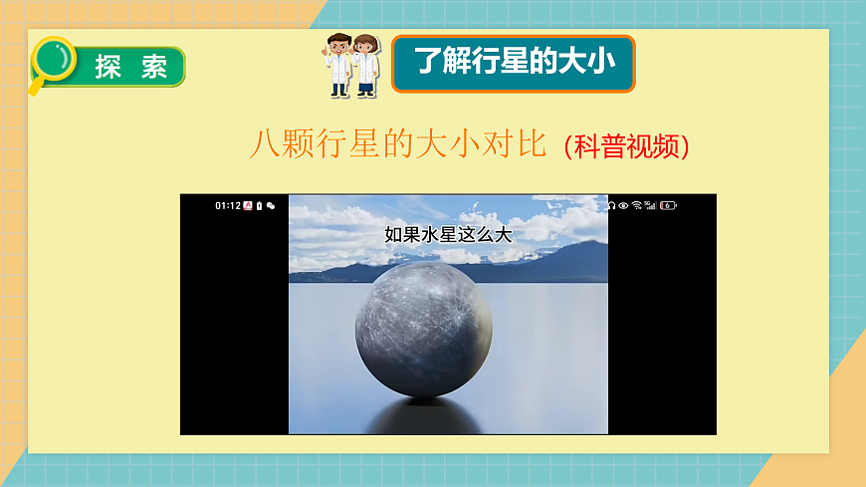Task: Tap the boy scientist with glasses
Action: point(339,65)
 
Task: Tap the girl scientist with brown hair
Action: point(366,65)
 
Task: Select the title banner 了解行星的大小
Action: point(513,63)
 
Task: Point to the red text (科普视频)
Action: point(626,147)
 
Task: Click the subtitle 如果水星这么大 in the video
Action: point(447,235)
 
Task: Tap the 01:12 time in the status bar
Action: point(228,206)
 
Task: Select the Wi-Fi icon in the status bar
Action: point(637,206)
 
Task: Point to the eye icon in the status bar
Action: point(624,206)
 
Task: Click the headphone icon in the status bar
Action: point(612,206)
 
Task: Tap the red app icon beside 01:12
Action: point(248,206)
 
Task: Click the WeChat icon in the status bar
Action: point(271,206)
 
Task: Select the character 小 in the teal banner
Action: point(613,62)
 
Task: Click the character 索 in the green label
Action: point(154,67)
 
